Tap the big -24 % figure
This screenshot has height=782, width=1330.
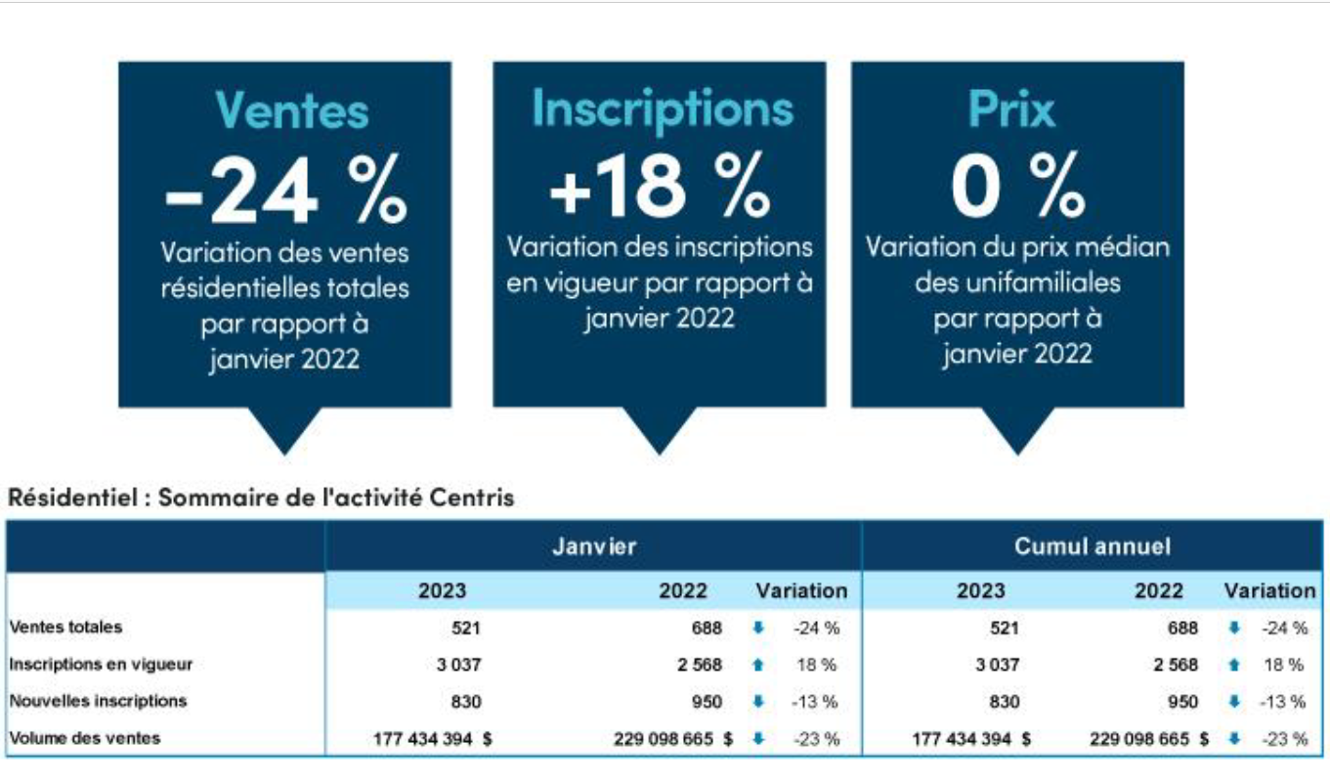pos(284,193)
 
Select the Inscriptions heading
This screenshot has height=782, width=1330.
pos(662,109)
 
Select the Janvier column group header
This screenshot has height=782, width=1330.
pos(593,546)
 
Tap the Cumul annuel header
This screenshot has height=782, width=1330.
pos(1092,546)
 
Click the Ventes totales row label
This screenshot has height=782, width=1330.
pos(66,628)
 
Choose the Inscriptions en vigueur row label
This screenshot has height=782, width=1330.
pos(101,665)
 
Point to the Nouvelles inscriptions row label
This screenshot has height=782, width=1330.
pos(98,701)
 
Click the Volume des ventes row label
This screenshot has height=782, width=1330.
pos(85,738)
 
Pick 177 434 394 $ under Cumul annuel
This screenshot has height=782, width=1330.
pos(970,740)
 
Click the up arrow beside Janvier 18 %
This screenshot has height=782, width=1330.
pos(757,666)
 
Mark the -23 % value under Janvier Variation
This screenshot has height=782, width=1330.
pos(815,740)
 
